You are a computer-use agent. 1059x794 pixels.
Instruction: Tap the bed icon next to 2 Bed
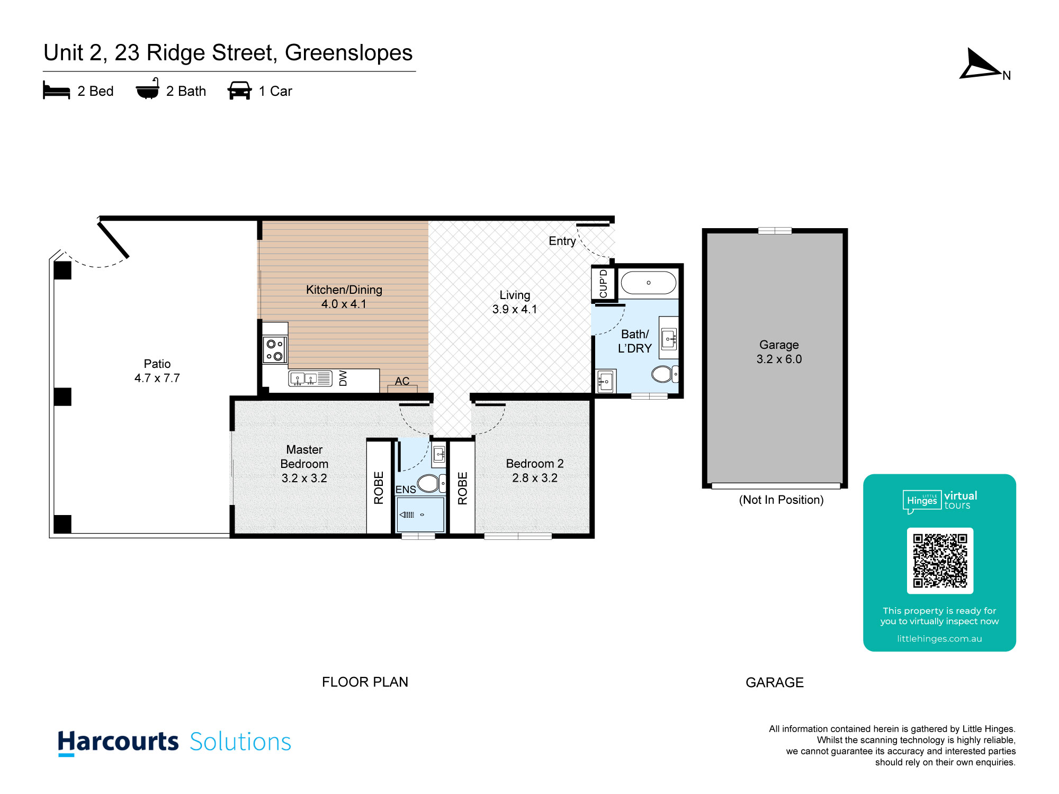[56, 91]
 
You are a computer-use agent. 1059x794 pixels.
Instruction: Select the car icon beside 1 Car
[239, 91]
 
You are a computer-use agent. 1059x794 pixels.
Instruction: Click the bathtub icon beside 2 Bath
[148, 89]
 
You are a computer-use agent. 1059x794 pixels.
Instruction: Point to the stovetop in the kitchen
[275, 350]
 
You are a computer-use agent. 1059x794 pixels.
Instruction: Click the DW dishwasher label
[343, 378]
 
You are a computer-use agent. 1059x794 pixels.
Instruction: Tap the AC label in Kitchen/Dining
[402, 381]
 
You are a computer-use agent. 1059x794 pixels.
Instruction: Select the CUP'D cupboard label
[603, 284]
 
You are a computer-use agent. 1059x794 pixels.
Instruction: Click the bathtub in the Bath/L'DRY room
[649, 283]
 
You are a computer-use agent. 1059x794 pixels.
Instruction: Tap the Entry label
[562, 241]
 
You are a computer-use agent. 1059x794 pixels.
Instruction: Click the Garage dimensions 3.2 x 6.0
[779, 359]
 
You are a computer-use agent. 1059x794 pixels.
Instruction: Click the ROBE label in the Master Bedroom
[379, 488]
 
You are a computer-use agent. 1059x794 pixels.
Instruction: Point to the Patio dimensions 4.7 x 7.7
[157, 378]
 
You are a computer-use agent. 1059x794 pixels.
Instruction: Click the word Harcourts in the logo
[118, 742]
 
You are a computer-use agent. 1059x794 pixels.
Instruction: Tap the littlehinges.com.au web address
[939, 639]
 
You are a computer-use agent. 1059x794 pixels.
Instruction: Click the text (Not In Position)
[781, 500]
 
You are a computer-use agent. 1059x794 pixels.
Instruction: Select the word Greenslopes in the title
[348, 53]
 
